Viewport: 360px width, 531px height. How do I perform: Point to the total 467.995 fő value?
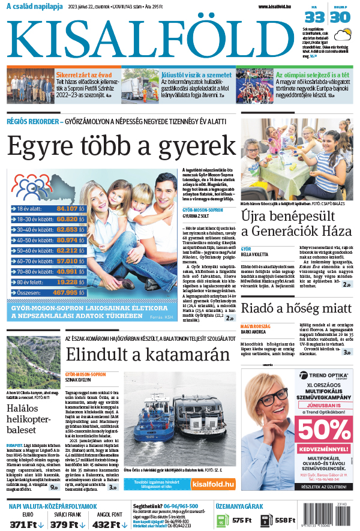pos(70,292)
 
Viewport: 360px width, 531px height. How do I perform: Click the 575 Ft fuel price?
pos(241,520)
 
